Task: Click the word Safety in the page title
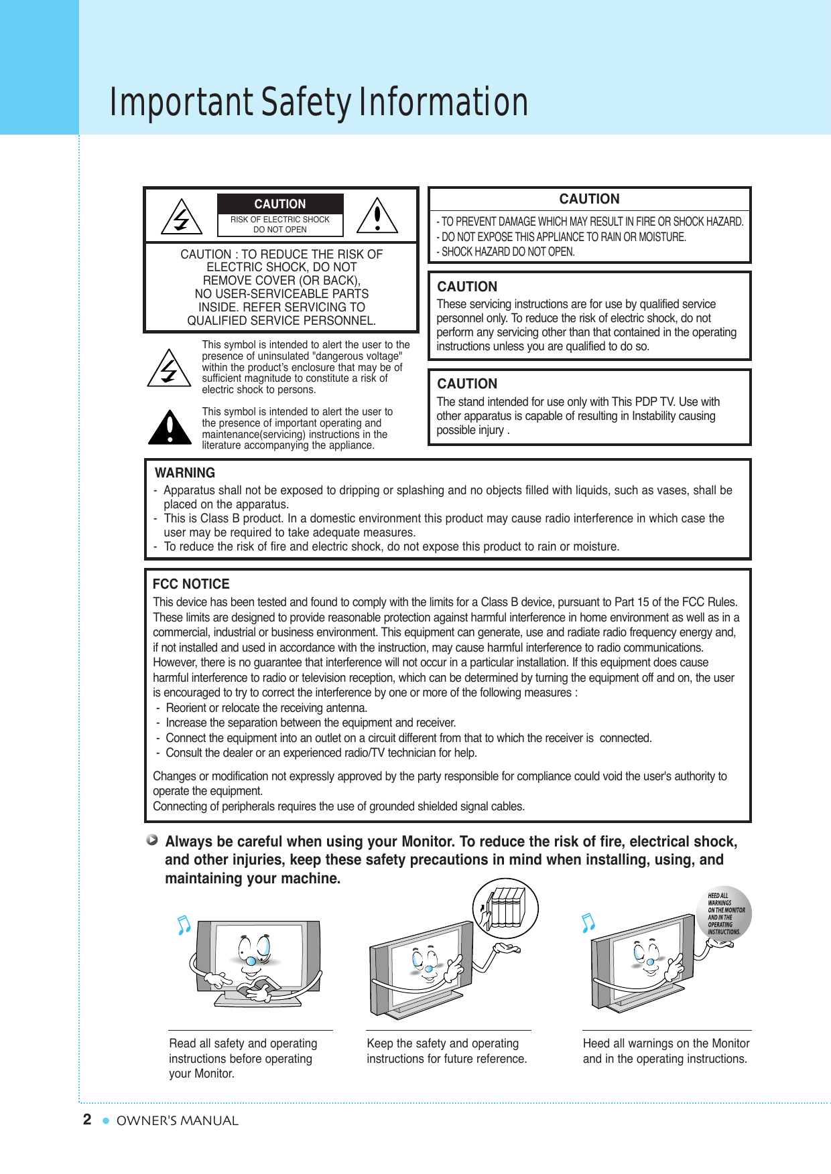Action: coord(306,102)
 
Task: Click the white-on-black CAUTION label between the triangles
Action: coord(279,204)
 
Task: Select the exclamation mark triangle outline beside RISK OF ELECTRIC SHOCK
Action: coord(377,216)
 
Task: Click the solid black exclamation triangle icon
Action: coord(170,429)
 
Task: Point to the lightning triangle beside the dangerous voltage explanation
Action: coord(169,368)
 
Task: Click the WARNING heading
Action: coord(185,473)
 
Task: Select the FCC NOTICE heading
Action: coord(191,584)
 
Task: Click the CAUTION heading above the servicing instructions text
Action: coord(467,287)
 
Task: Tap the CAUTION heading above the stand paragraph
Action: coord(467,384)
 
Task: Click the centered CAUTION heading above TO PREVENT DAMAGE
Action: coord(589,199)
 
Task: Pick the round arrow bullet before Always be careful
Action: coord(153,840)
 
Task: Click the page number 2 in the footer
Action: coord(87,1119)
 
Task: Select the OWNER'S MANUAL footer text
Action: coord(177,1120)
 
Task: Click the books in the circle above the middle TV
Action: coord(505,908)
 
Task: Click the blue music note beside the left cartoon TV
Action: coord(184,925)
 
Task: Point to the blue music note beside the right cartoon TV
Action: coord(588,923)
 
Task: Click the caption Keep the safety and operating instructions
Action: coord(446,1051)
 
